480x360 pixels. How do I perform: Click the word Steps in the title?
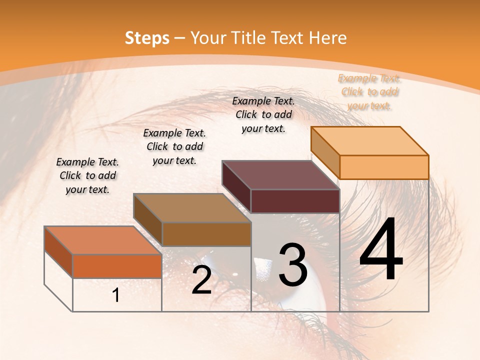point(147,38)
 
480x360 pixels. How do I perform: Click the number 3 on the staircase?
point(293,264)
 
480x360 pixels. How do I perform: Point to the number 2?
point(201,280)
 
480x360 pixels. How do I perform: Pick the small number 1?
point(116,295)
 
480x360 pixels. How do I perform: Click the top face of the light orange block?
point(370,140)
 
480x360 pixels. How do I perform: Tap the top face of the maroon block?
point(280,175)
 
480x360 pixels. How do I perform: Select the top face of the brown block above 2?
point(192,207)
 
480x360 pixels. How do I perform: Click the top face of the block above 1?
point(103,240)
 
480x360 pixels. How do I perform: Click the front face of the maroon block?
point(295,201)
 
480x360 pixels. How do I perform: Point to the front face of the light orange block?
point(384,167)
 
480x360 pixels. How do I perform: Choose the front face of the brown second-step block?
point(206,234)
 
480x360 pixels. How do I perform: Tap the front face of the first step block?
point(117,266)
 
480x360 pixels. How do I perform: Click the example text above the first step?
point(87,175)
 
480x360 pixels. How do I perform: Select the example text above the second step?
point(174,146)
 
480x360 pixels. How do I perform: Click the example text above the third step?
point(263,114)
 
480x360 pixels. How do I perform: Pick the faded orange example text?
point(369,91)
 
